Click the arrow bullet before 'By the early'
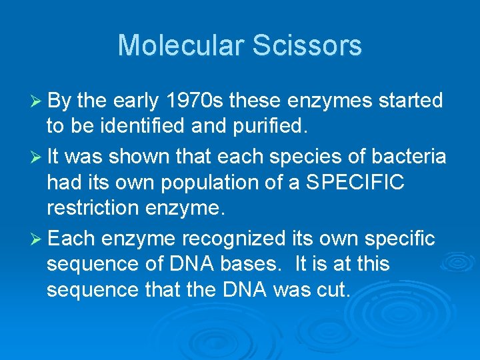pos(36,101)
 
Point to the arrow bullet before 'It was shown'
pos(36,157)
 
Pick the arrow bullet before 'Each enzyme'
pos(36,239)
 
